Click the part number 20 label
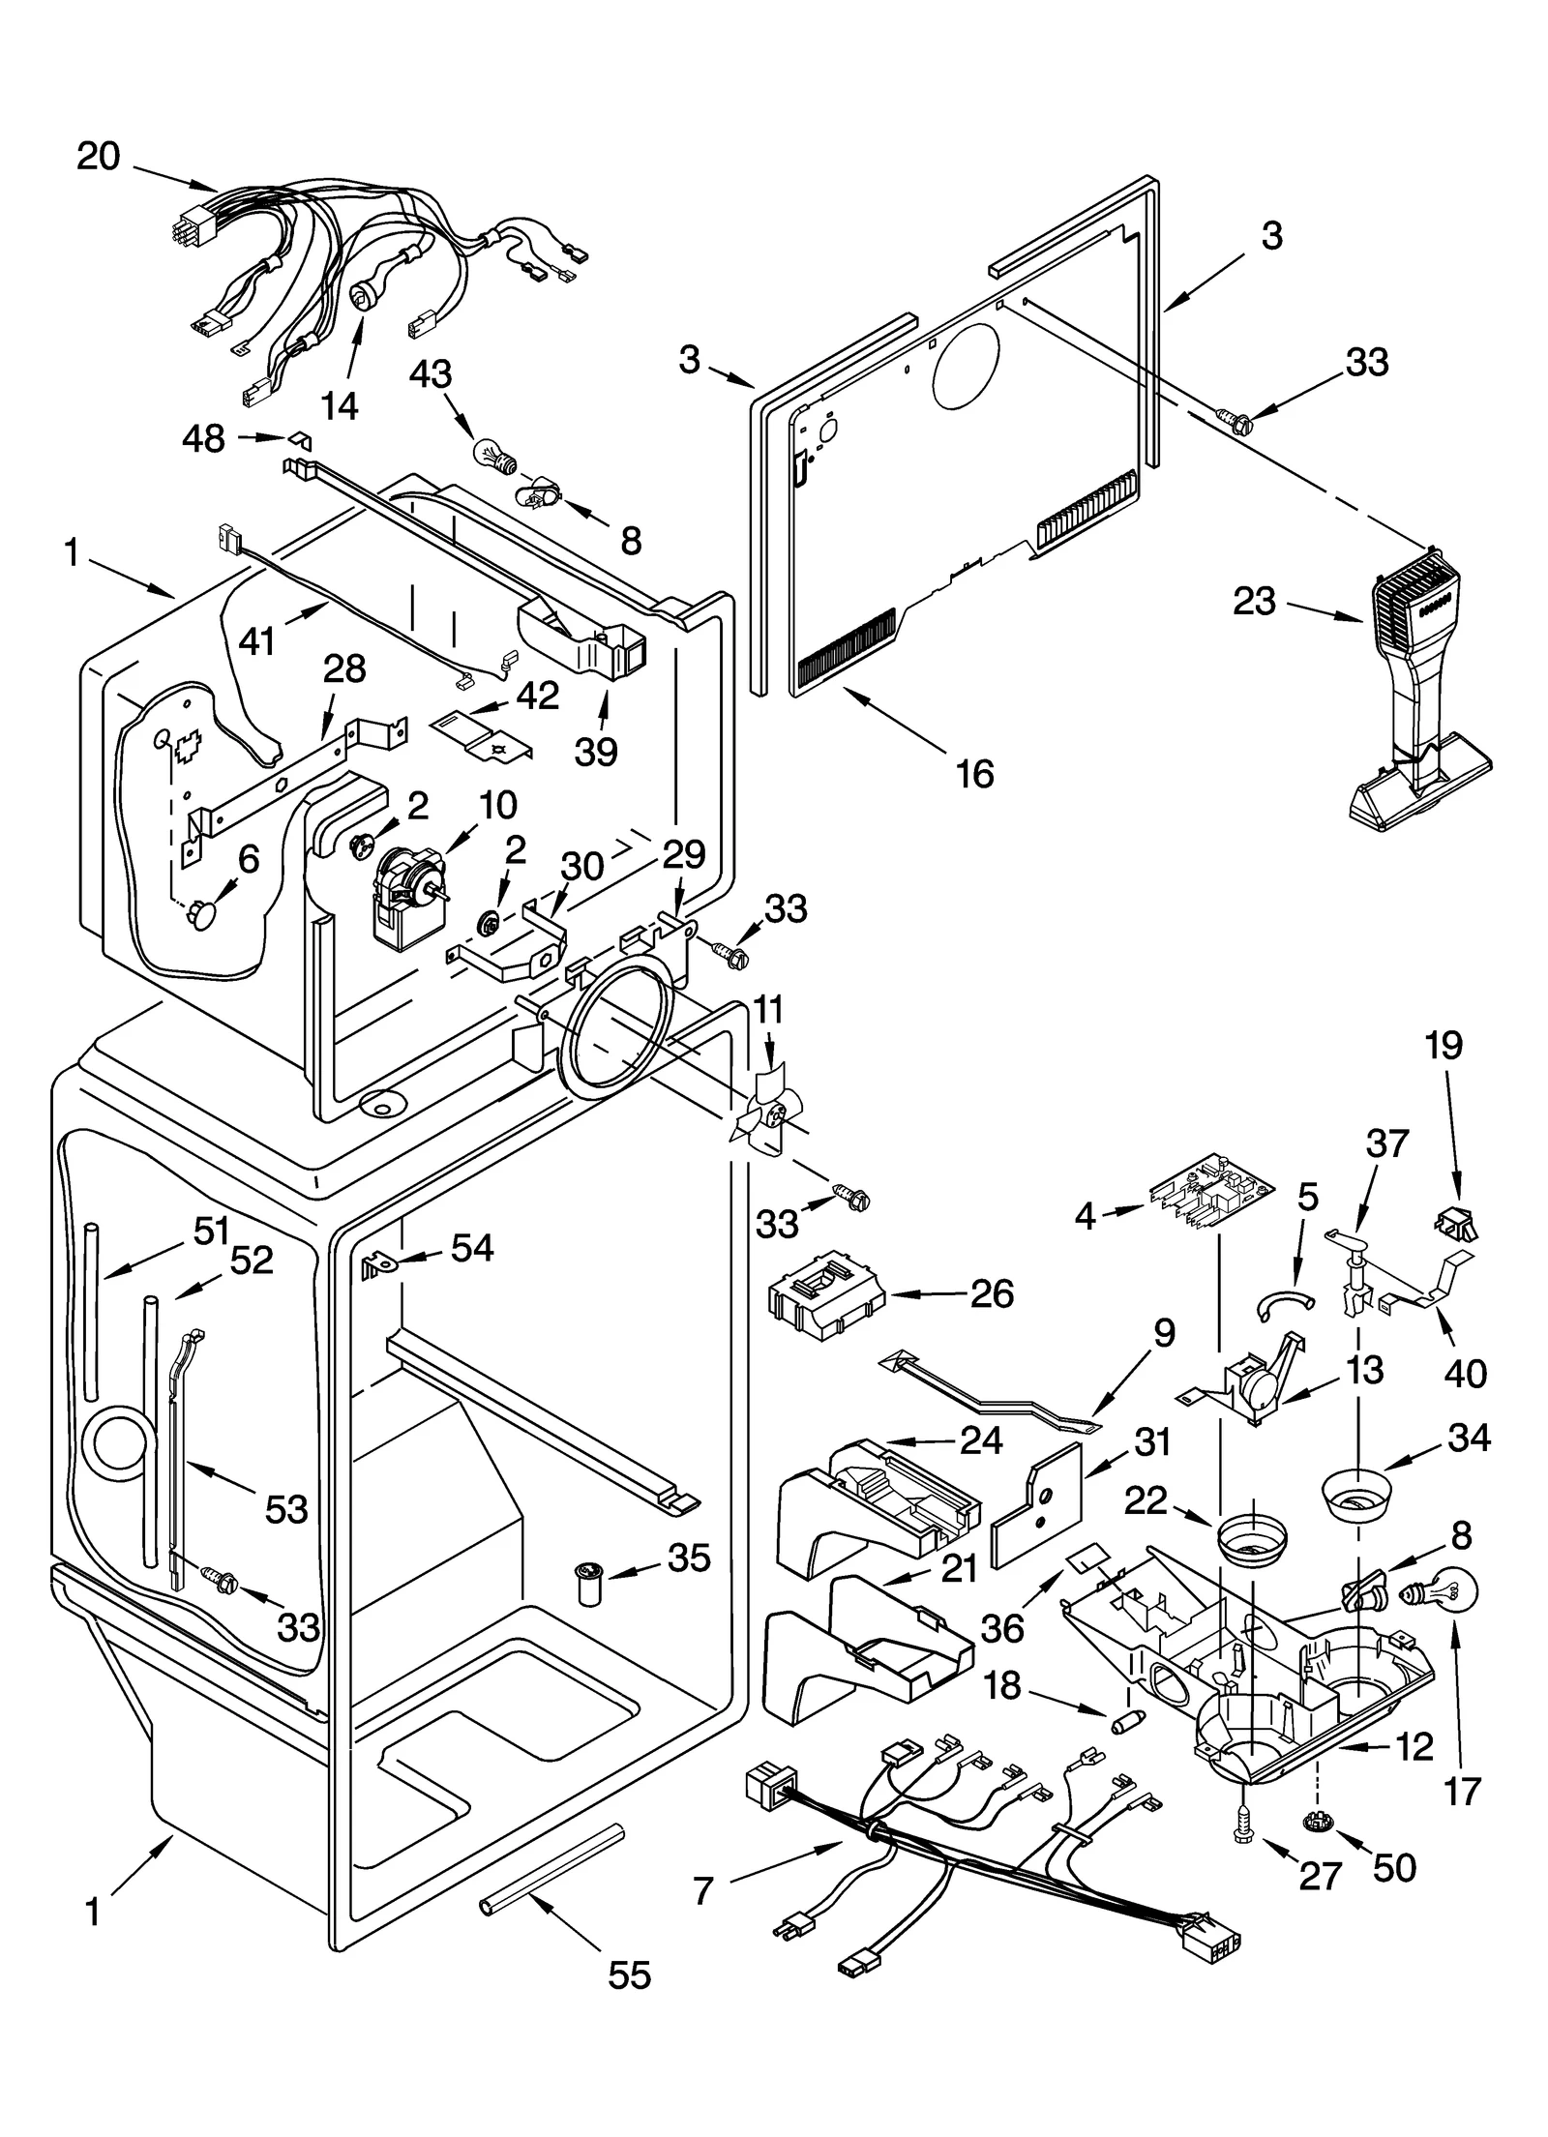98,156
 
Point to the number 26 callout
992,1293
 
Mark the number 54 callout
472,1248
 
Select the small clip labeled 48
301,439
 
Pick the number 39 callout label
596,751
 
